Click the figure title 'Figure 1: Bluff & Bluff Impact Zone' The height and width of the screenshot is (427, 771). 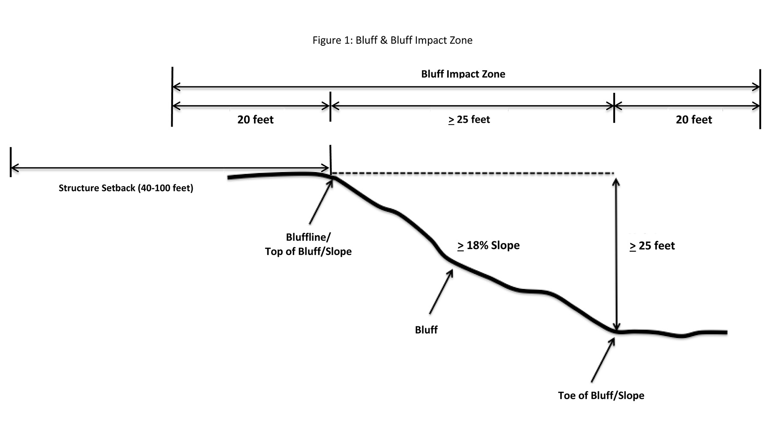pyautogui.click(x=392, y=40)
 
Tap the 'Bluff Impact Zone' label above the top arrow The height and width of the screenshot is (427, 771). pyautogui.click(x=463, y=74)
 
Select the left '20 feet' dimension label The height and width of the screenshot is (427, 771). pyautogui.click(x=255, y=120)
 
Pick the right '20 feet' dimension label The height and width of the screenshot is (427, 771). pyautogui.click(x=694, y=120)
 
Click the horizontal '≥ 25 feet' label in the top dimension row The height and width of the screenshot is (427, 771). pyautogui.click(x=469, y=120)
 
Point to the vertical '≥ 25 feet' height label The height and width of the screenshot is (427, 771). pyautogui.click(x=652, y=246)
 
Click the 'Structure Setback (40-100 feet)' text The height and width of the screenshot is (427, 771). pyautogui.click(x=126, y=188)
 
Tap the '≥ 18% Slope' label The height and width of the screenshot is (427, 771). pyautogui.click(x=488, y=246)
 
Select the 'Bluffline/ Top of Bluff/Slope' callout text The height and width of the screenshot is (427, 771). pyautogui.click(x=308, y=244)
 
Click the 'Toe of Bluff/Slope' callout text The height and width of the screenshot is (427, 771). pyautogui.click(x=601, y=395)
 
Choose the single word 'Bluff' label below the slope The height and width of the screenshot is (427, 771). pyautogui.click(x=426, y=330)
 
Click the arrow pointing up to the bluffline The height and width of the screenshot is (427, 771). pyautogui.click(x=320, y=202)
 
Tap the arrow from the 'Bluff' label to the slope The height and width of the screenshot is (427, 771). pyautogui.click(x=441, y=291)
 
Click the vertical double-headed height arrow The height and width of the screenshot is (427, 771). pyautogui.click(x=616, y=255)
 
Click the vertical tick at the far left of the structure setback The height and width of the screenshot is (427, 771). pyautogui.click(x=11, y=162)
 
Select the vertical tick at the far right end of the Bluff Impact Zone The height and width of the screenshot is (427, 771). pyautogui.click(x=760, y=99)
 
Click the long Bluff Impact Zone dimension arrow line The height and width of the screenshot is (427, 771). pyautogui.click(x=466, y=87)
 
